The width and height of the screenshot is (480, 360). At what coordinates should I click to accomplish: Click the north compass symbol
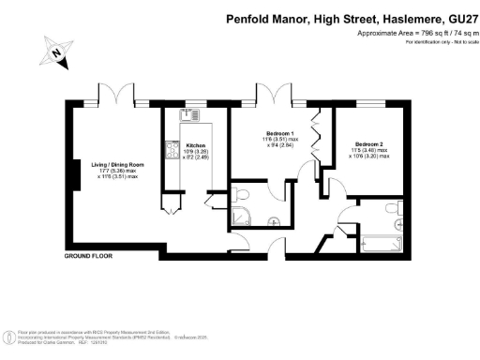pos(58,57)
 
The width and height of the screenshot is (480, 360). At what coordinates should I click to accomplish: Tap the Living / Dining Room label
pos(112,165)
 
